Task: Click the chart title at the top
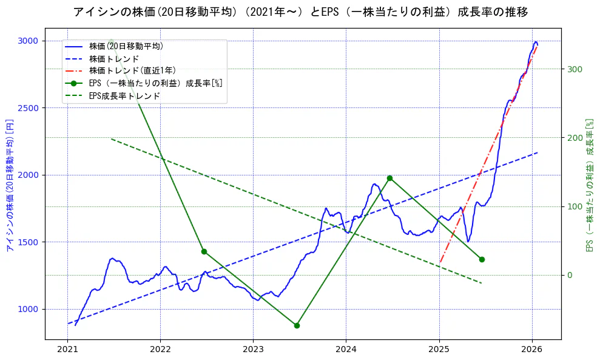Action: coord(300,12)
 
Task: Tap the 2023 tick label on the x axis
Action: coord(253,350)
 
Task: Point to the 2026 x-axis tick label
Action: coord(531,350)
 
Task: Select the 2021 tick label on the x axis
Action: coord(67,350)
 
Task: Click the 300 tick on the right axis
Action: coord(575,69)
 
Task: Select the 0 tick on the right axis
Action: coord(570,275)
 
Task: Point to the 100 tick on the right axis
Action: coord(575,206)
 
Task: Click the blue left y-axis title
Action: coord(9,185)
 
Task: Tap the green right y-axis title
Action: coord(588,185)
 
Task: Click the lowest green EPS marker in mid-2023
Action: coord(297,325)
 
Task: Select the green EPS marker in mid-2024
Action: coord(389,178)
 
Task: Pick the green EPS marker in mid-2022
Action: coord(204,251)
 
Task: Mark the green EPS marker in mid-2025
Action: coord(482,259)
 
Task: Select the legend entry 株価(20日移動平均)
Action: coord(126,46)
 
